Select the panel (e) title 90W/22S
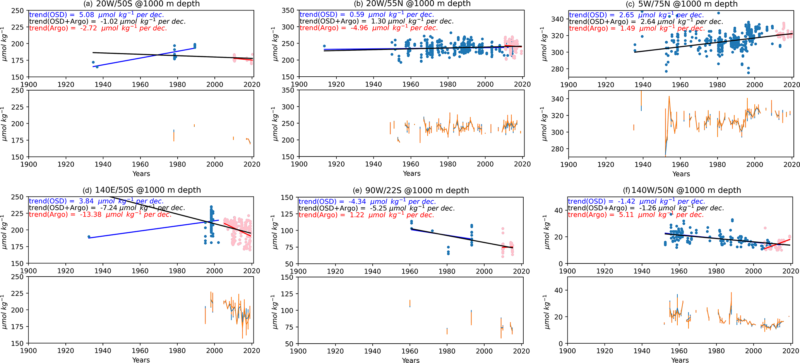[x=411, y=190]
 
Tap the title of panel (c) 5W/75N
[x=682, y=4]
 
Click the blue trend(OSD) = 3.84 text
[x=96, y=201]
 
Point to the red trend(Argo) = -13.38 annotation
[x=100, y=215]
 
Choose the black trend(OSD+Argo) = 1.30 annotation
[x=376, y=21]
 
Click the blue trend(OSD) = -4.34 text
[x=367, y=201]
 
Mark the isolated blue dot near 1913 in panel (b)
[x=324, y=46]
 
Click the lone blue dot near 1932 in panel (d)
[x=89, y=236]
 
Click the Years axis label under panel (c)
[x=681, y=174]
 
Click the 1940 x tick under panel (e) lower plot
[x=372, y=351]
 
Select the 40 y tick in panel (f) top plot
[x=558, y=210]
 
